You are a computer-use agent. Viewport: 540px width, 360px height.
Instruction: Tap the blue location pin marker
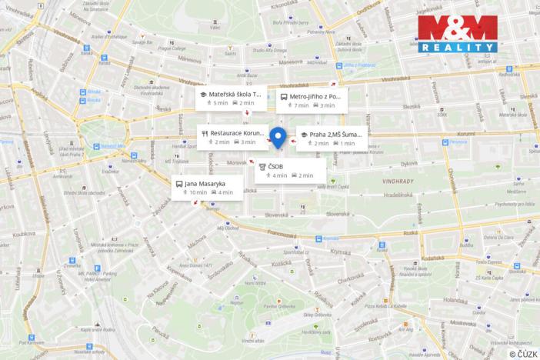pyautogui.click(x=278, y=138)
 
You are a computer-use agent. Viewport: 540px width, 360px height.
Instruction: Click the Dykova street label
pyautogui.click(x=408, y=163)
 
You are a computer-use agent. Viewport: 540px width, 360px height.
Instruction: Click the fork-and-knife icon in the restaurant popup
pyautogui.click(x=205, y=132)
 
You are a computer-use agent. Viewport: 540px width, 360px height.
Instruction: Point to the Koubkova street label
pyautogui.click(x=24, y=232)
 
